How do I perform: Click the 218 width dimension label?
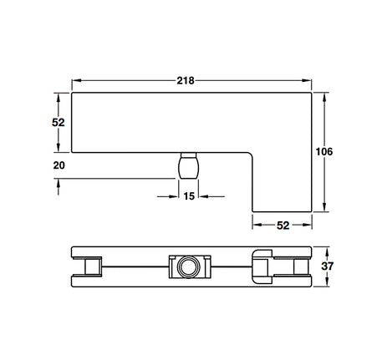[186, 81]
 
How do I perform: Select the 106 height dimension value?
[324, 152]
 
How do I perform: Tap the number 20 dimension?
[59, 165]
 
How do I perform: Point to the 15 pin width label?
[189, 196]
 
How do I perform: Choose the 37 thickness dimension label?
[327, 266]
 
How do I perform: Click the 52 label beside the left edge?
[59, 123]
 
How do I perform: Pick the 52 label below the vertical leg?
[283, 226]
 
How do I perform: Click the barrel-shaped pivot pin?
[189, 165]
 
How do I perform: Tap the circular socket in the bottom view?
[189, 266]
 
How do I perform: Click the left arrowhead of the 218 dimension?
[76, 80]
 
